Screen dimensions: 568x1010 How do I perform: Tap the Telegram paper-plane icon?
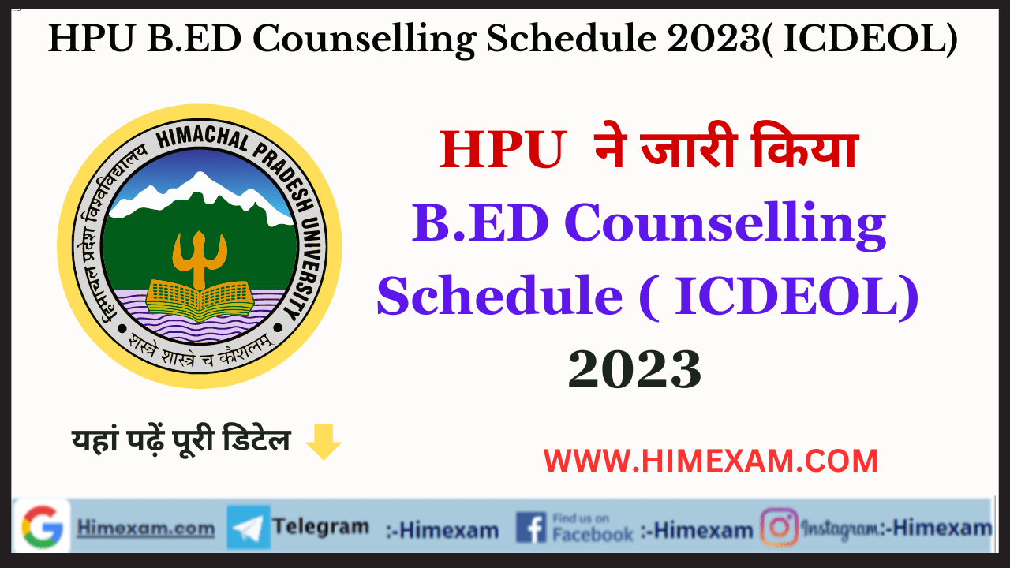point(249,527)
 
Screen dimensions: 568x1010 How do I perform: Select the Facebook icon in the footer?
point(530,527)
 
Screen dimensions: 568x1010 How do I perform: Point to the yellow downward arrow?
point(323,443)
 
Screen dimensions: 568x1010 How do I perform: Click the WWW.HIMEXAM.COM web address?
point(711,461)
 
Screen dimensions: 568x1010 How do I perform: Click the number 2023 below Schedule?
point(634,369)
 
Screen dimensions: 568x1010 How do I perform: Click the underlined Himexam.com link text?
point(145,528)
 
